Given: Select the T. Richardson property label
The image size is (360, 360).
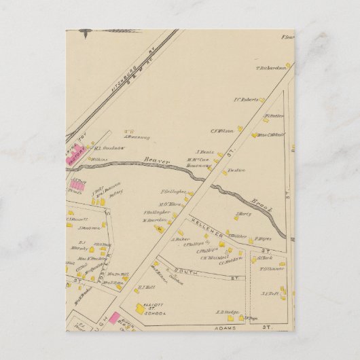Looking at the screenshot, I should coord(272,67).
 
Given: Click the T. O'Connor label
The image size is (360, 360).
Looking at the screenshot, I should coord(270,270).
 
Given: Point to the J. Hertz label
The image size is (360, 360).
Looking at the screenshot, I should coord(243,215).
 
